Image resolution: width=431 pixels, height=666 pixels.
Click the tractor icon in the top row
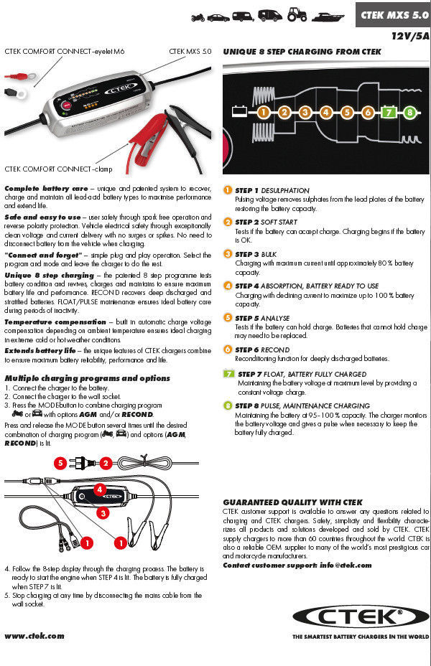(297, 14)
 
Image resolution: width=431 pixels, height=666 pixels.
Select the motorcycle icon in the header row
(199, 15)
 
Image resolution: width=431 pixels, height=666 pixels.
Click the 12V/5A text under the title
(410, 34)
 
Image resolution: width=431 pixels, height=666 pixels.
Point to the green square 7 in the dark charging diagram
(389, 112)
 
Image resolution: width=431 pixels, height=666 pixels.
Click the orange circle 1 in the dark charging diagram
(264, 112)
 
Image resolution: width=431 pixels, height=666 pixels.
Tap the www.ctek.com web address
(34, 636)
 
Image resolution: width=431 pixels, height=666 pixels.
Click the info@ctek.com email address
(346, 565)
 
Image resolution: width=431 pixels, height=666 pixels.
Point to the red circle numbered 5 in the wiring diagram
(62, 463)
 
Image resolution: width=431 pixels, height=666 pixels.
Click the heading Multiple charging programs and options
(88, 378)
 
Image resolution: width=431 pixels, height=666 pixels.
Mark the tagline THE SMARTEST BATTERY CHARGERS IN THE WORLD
(360, 637)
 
